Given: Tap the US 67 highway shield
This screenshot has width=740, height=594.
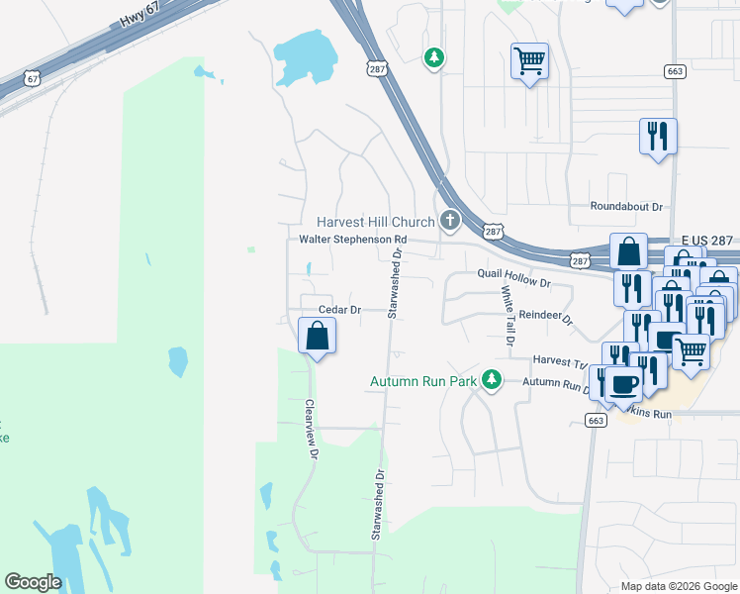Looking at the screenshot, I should click(x=34, y=78).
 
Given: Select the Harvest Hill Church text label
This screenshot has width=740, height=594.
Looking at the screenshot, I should click(x=375, y=222).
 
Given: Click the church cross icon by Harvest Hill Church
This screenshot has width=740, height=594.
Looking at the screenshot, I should click(x=450, y=219).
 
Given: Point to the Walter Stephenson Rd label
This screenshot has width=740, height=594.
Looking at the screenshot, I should click(x=353, y=240).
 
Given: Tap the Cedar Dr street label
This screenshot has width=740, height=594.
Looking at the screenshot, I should click(x=337, y=310).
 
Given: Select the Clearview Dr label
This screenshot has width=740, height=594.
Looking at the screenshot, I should click(x=311, y=429).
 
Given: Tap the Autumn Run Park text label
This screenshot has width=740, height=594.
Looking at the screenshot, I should click(x=422, y=380).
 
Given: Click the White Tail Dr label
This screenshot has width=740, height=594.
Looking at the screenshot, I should click(x=508, y=315).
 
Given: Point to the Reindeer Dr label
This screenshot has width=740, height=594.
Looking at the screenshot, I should click(x=546, y=316).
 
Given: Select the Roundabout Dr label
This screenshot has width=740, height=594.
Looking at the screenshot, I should click(x=626, y=206).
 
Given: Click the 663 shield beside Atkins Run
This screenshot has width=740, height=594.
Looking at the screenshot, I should click(x=595, y=420).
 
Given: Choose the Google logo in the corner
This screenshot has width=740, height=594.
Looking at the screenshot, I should click(x=34, y=582).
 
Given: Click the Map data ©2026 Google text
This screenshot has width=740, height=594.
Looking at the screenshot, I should click(x=678, y=586).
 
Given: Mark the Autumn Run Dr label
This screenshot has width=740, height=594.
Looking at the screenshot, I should click(x=557, y=383).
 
